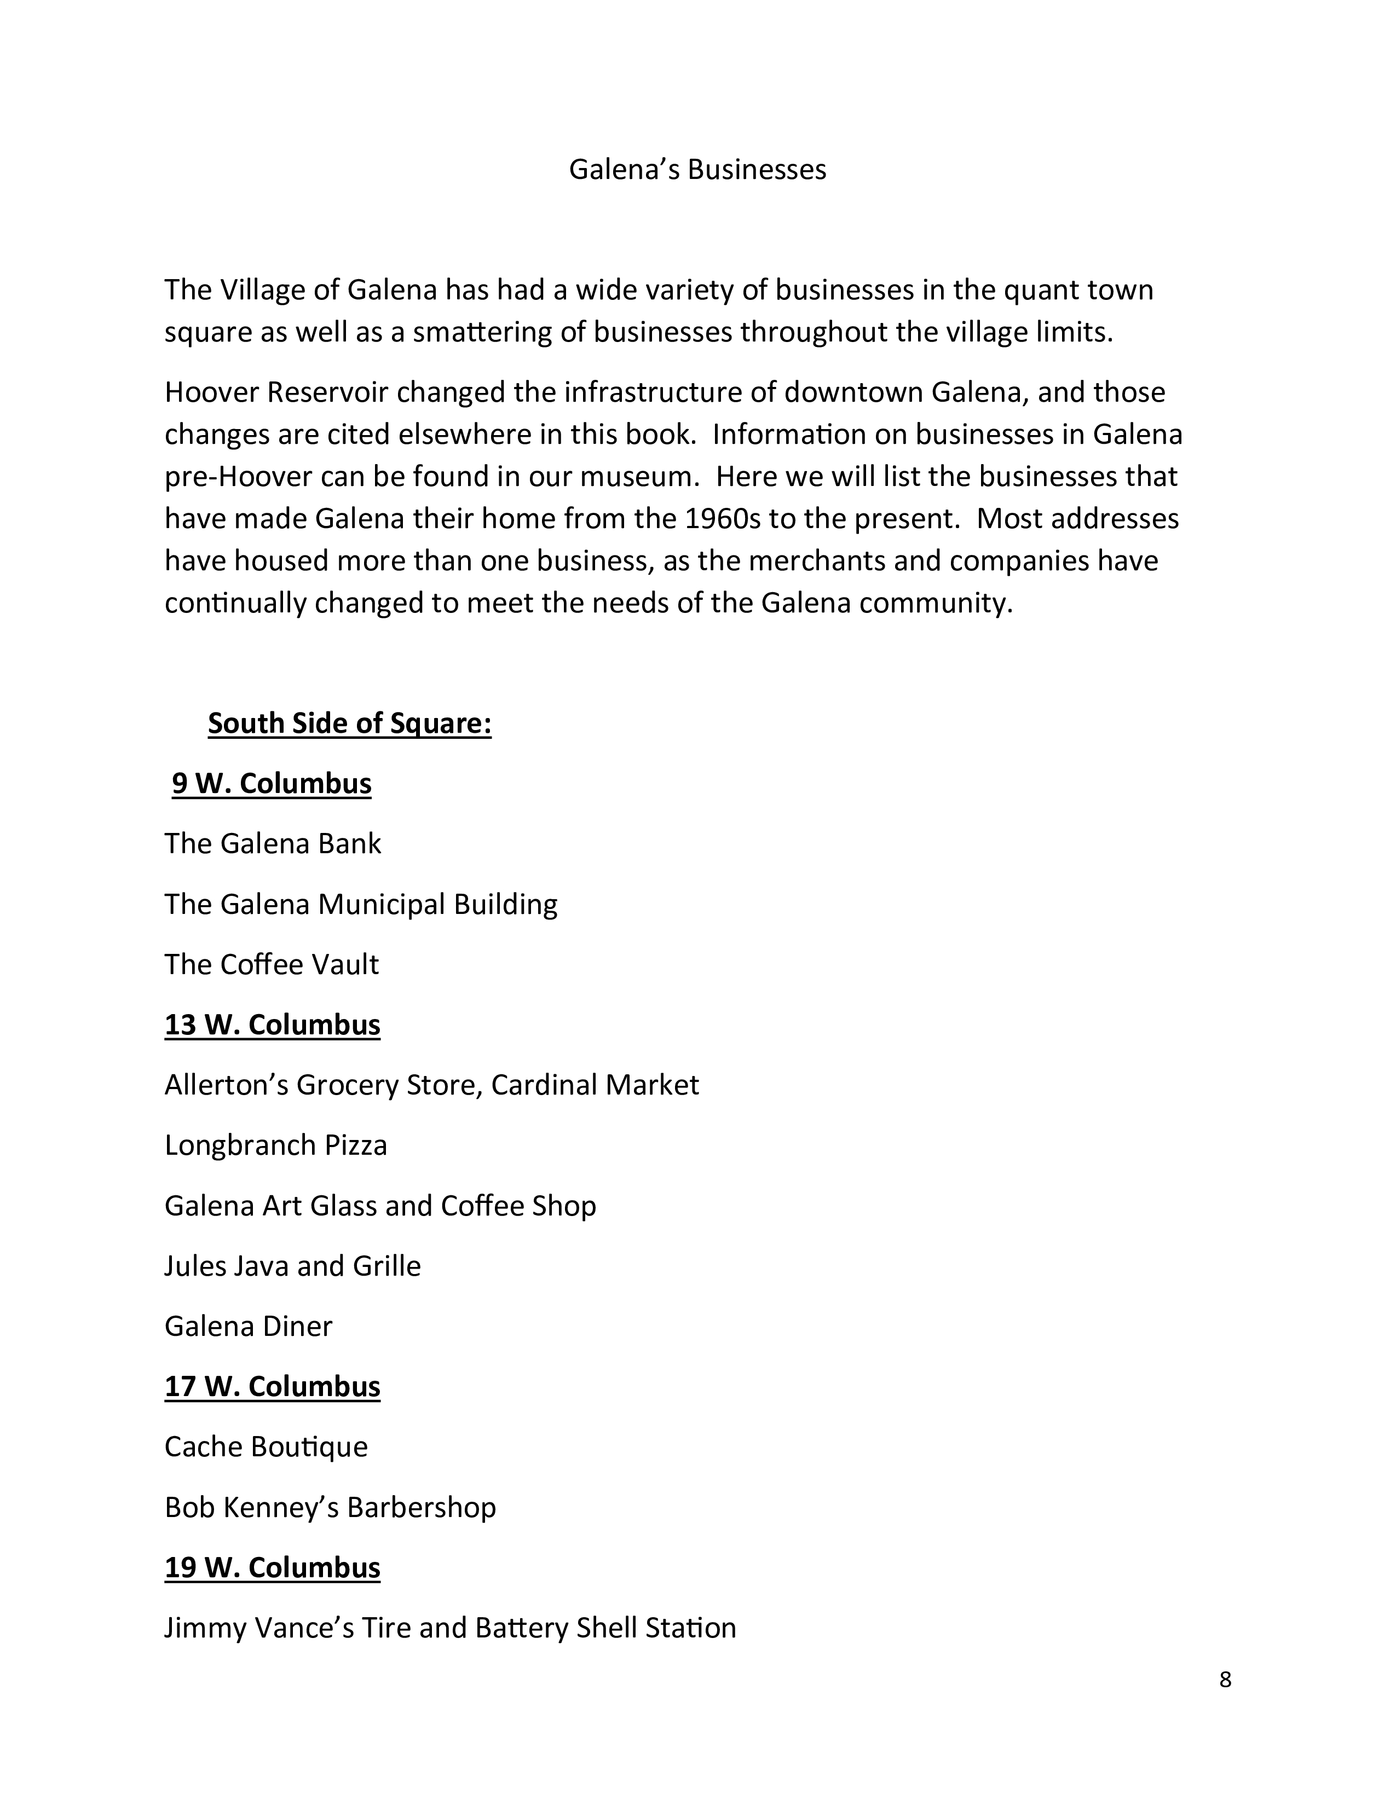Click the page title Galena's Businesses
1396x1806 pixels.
[x=697, y=170]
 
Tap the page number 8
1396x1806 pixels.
[x=1225, y=1680]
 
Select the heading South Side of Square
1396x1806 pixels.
[x=349, y=723]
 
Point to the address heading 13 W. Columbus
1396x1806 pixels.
[x=272, y=1024]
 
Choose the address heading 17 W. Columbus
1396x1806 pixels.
[x=272, y=1386]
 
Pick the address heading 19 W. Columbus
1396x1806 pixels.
[x=272, y=1567]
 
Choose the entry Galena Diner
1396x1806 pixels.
[x=248, y=1325]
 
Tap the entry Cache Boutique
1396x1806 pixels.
[x=266, y=1446]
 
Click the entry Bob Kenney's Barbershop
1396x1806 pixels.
[x=330, y=1507]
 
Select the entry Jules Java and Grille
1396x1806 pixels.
[x=292, y=1266]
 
